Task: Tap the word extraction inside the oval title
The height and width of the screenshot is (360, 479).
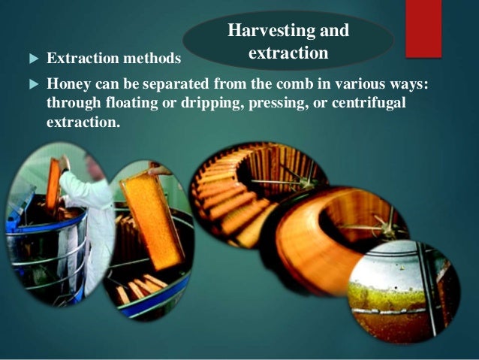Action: coord(288,53)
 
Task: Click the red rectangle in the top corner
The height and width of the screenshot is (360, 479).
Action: coord(423,28)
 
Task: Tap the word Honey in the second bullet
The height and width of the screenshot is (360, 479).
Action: coord(66,84)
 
